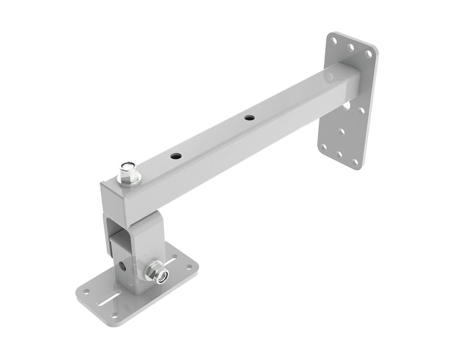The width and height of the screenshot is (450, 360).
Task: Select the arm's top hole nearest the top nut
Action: [175, 156]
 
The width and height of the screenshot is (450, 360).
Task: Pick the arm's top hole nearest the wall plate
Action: [248, 118]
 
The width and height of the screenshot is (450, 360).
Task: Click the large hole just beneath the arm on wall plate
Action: [347, 106]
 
